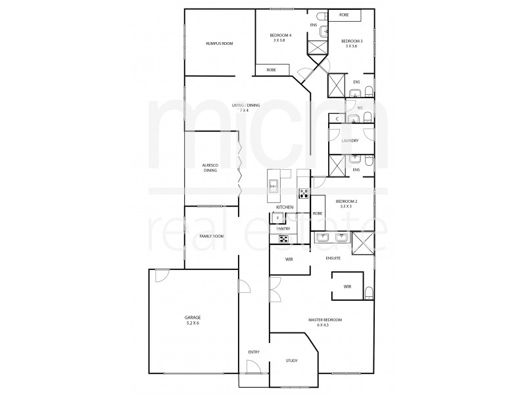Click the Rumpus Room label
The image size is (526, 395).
(219, 43)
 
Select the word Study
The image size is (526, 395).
(292, 360)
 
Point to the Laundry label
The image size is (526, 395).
(349, 140)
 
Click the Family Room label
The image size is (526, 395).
(212, 235)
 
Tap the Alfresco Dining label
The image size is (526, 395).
(210, 168)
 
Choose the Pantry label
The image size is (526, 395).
(283, 228)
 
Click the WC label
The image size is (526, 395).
(360, 108)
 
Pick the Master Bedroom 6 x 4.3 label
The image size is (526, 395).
(325, 323)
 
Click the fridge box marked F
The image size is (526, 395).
(277, 217)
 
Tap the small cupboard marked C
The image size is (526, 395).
(337, 118)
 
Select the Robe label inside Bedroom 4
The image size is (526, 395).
(271, 70)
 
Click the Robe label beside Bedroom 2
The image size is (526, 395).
(317, 213)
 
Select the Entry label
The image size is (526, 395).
(253, 352)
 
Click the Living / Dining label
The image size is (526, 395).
(245, 108)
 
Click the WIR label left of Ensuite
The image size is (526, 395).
(289, 259)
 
